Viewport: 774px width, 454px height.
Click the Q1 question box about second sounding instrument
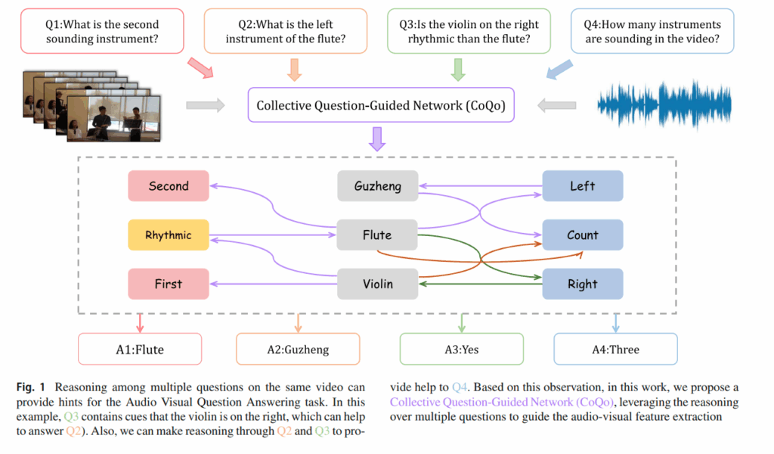tap(101, 31)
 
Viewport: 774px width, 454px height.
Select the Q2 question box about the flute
tap(285, 31)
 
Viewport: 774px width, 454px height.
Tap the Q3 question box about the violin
tap(469, 31)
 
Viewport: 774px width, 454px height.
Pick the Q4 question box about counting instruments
tap(652, 31)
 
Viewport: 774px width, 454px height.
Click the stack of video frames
tap(91, 106)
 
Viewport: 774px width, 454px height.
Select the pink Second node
tap(169, 186)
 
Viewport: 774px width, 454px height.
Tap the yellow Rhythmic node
tap(169, 235)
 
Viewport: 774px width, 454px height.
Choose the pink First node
tap(169, 285)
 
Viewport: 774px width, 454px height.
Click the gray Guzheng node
tap(377, 186)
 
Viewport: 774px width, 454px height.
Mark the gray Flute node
tap(377, 235)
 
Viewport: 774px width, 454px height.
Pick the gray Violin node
tap(377, 285)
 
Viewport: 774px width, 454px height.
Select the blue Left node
tap(582, 186)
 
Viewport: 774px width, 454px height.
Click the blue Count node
tap(582, 235)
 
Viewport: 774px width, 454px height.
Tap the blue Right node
tap(582, 285)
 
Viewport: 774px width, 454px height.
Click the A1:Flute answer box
tap(140, 350)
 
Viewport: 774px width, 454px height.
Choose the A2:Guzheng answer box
tap(299, 350)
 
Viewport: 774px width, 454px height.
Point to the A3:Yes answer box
tap(461, 350)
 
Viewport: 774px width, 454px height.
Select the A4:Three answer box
tap(615, 350)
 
